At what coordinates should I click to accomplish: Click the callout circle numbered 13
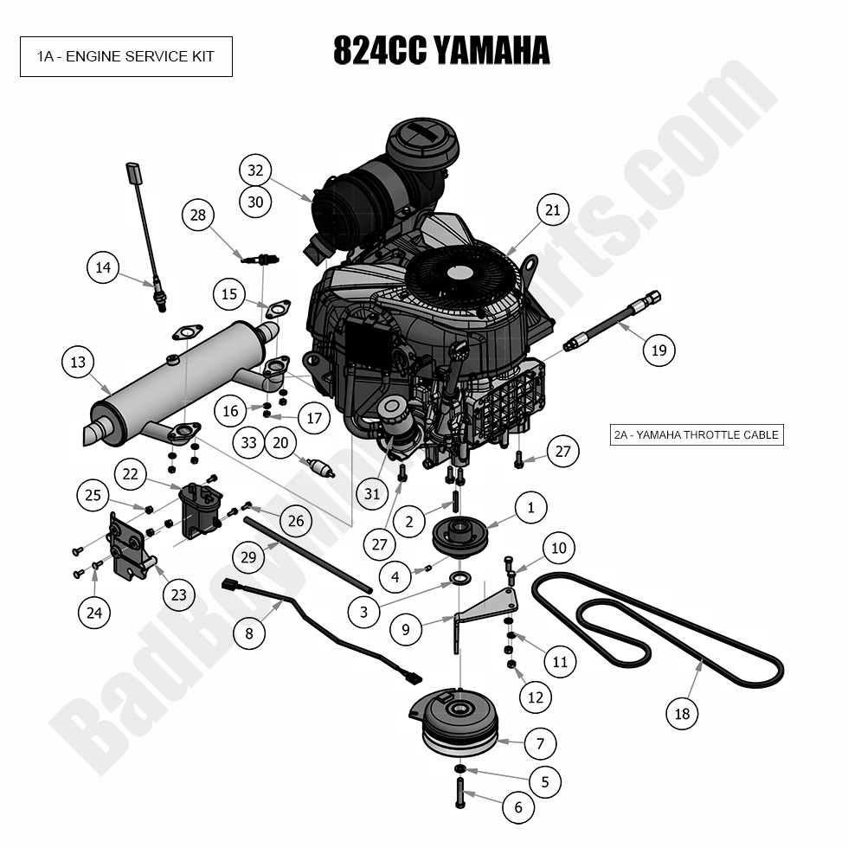tap(79, 362)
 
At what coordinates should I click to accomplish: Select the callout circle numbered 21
tap(553, 209)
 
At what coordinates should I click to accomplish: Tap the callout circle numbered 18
tap(683, 713)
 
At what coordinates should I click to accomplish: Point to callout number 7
tap(540, 742)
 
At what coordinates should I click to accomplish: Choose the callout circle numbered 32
tap(255, 170)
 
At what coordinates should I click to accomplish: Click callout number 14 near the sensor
tap(103, 268)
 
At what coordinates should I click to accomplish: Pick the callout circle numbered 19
tap(658, 350)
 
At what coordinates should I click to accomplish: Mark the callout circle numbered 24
tap(94, 614)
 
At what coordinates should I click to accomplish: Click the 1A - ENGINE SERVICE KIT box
tap(126, 57)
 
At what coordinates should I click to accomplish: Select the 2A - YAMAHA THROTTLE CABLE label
tap(697, 435)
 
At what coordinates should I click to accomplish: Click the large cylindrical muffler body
tap(182, 372)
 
